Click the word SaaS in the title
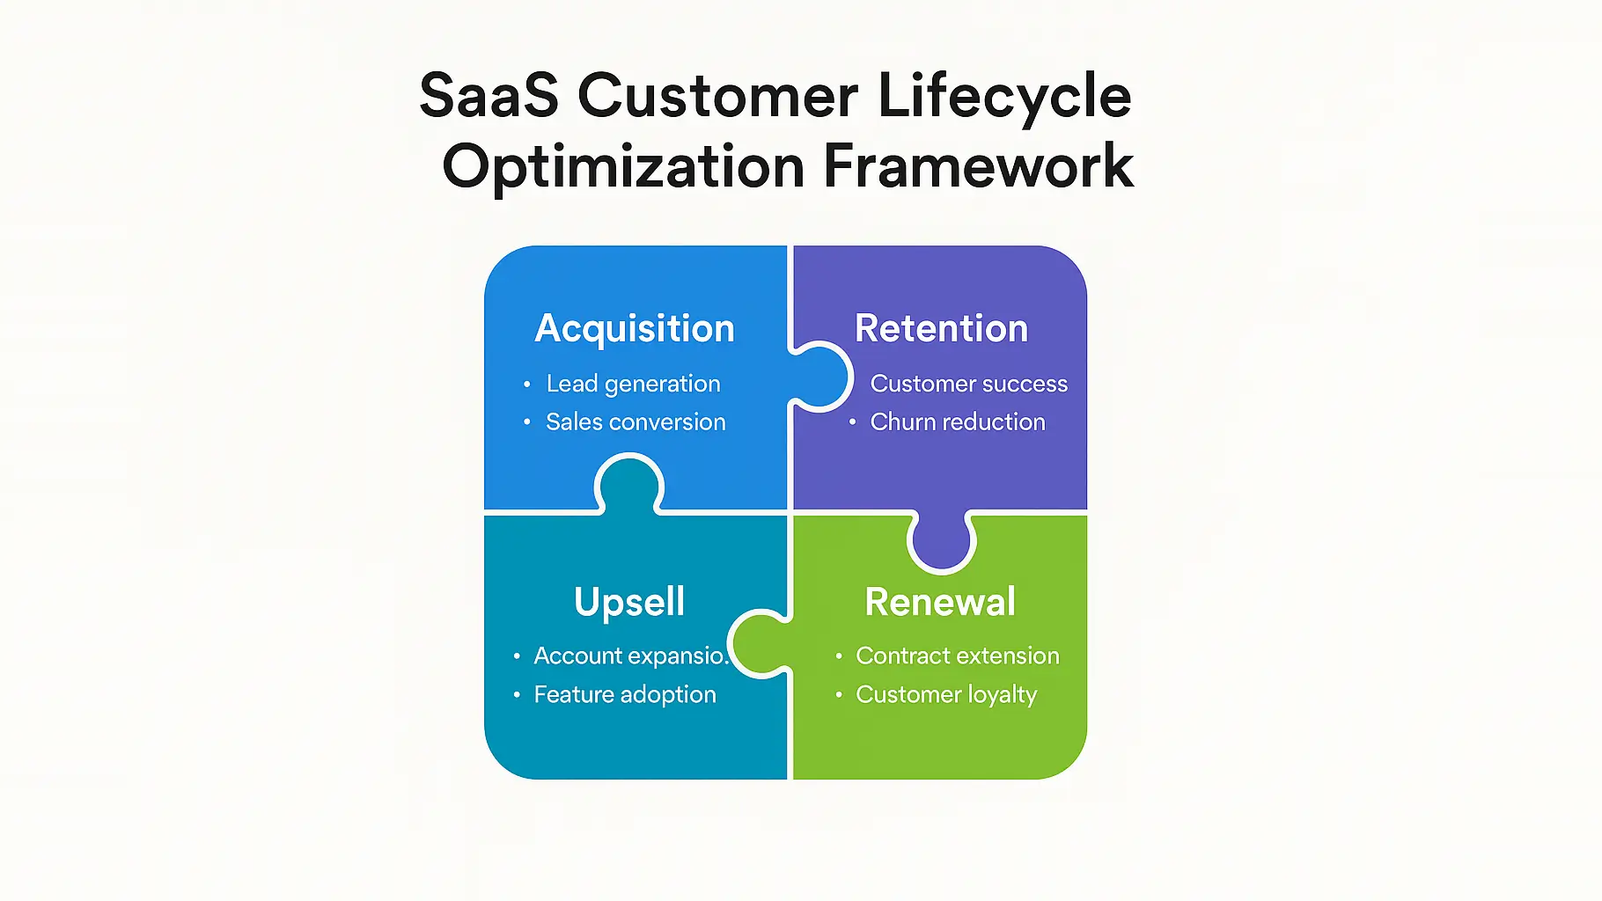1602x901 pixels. click(489, 95)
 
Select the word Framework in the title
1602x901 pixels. click(978, 166)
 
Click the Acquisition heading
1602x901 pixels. click(635, 329)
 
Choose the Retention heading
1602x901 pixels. click(941, 329)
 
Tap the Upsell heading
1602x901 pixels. click(629, 603)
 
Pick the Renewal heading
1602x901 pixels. click(940, 603)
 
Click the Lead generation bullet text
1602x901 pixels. click(633, 385)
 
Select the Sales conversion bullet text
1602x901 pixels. click(636, 422)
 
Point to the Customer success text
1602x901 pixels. click(968, 385)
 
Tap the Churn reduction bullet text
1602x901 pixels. click(958, 422)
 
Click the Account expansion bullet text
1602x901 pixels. click(630, 656)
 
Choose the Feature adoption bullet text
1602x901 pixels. click(625, 695)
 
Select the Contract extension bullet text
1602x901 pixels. click(958, 656)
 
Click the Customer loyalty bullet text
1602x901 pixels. click(946, 695)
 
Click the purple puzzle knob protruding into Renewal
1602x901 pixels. click(942, 539)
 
